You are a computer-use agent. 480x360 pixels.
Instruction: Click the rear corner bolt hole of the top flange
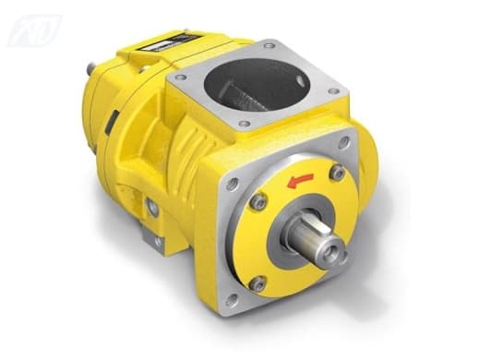click(269, 46)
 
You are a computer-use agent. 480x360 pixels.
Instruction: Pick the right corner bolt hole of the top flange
click(332, 90)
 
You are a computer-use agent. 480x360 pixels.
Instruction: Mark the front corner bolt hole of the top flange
click(246, 125)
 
